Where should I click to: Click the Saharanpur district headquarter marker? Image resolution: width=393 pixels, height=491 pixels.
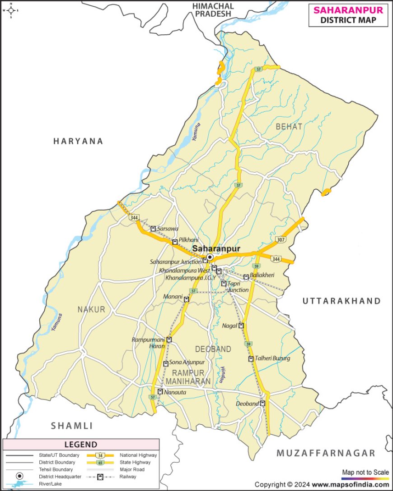210,257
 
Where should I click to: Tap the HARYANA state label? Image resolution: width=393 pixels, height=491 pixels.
78,141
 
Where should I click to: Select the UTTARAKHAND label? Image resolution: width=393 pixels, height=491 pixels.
342,301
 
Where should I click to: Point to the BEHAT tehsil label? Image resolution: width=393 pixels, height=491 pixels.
289,127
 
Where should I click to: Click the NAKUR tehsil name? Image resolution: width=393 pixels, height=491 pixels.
91,309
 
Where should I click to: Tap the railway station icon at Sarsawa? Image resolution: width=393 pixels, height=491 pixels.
153,229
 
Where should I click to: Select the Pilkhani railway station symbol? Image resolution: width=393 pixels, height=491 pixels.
175,242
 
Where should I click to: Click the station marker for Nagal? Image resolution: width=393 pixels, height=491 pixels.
241,326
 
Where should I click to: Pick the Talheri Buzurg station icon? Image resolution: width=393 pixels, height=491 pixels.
251,359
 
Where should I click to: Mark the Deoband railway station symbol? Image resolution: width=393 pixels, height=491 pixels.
262,404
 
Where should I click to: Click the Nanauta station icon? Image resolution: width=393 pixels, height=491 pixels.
160,392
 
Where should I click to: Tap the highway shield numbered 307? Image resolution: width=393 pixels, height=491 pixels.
280,239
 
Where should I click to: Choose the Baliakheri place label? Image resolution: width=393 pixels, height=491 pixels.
263,277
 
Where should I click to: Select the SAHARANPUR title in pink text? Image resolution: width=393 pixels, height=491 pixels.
348,9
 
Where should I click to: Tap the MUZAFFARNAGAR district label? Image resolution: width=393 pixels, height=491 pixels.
326,453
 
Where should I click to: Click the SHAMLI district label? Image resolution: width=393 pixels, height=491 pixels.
71,426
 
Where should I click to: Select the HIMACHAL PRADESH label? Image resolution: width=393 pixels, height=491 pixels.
213,9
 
